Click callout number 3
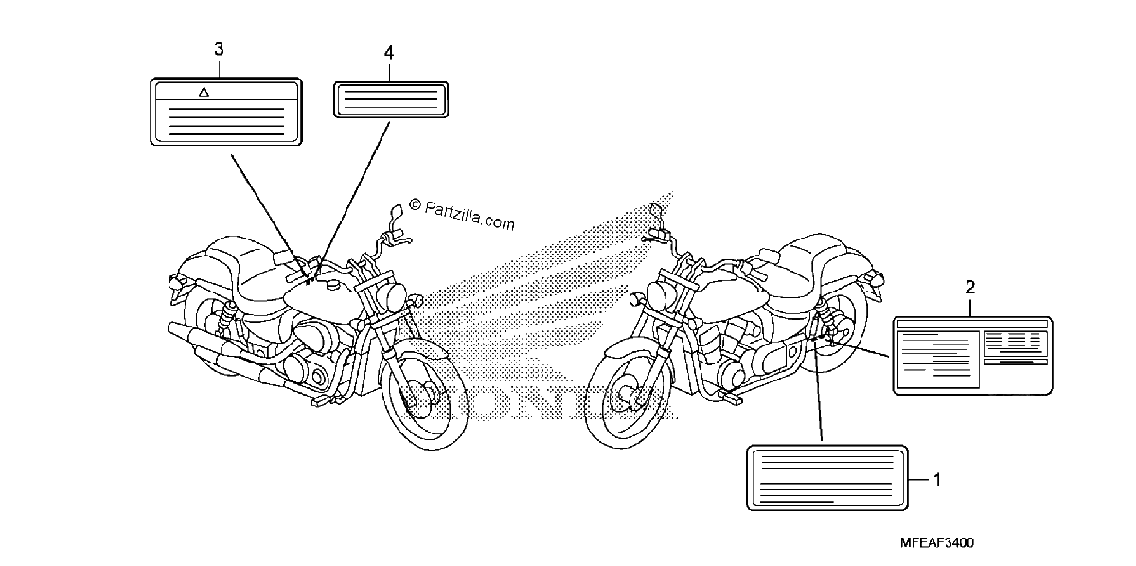point(219,49)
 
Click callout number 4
point(389,53)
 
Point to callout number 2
point(970,288)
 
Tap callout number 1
point(937,480)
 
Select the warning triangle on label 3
point(204,92)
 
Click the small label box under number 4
point(390,99)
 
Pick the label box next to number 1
point(827,477)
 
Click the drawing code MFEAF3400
point(936,542)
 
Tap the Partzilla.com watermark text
point(463,215)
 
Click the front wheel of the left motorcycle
point(424,396)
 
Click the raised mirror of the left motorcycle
point(396,211)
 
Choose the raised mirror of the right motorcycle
point(656,210)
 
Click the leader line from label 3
point(269,217)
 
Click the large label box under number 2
point(972,356)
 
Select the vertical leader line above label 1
point(818,391)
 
